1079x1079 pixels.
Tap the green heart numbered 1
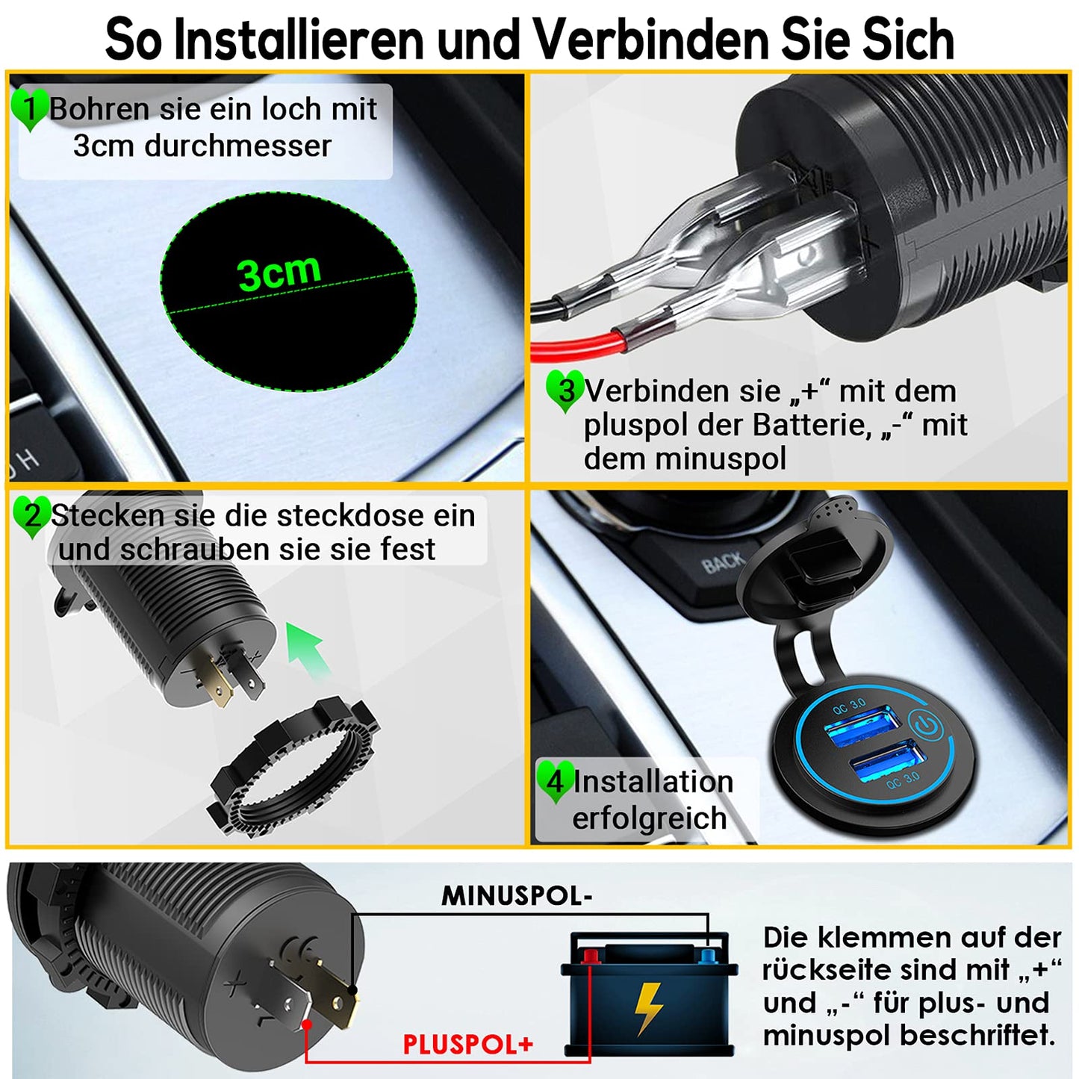pyautogui.click(x=30, y=109)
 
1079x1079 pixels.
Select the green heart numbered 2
pyautogui.click(x=32, y=517)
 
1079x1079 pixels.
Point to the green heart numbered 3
pyautogui.click(x=565, y=391)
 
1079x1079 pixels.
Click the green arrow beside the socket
pyautogui.click(x=306, y=650)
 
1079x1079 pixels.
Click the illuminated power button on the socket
pyautogui.click(x=927, y=725)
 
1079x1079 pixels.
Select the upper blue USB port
pyautogui.click(x=862, y=727)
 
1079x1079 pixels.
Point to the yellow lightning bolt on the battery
pyautogui.click(x=648, y=1008)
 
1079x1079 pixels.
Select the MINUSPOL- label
pyautogui.click(x=516, y=896)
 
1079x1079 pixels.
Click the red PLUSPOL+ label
pyautogui.click(x=468, y=1045)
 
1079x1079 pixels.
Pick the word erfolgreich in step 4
pyautogui.click(x=650, y=818)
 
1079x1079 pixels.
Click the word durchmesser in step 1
pyautogui.click(x=238, y=146)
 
